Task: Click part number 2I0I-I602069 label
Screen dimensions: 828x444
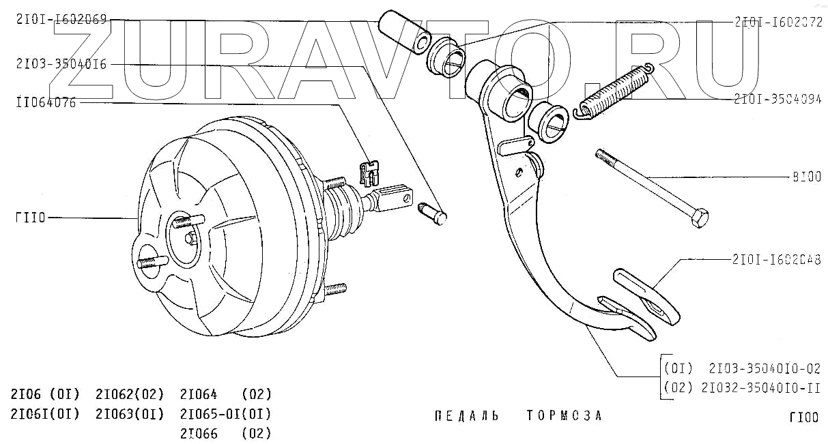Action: pos(61,20)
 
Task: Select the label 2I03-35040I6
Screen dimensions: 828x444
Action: pos(61,65)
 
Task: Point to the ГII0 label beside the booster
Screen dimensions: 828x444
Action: pos(30,218)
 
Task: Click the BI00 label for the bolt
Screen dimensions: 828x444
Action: pos(806,177)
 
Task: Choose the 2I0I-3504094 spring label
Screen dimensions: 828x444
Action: pos(777,98)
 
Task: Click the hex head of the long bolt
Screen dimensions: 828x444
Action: pos(699,219)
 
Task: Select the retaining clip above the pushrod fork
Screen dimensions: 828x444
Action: pos(369,172)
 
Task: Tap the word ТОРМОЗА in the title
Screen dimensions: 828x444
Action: pos(565,416)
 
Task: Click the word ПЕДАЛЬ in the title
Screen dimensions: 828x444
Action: pos(466,416)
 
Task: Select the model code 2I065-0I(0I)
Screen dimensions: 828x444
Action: pos(225,414)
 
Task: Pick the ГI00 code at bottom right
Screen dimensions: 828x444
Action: pos(803,417)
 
